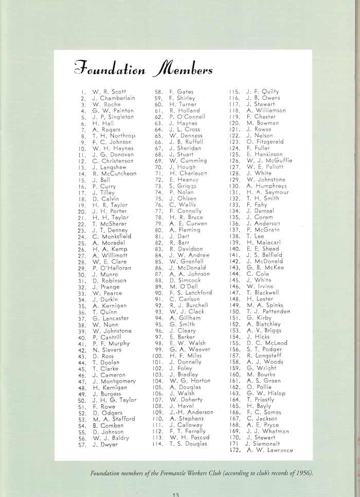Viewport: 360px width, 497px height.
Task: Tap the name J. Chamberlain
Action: pos(114,98)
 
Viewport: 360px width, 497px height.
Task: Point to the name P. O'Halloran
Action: pos(112,268)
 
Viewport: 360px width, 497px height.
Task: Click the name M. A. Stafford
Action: pos(114,419)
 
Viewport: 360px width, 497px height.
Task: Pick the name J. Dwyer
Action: pos(105,444)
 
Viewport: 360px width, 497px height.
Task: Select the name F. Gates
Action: pos(182,92)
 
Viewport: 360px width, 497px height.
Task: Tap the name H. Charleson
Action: pos(188,173)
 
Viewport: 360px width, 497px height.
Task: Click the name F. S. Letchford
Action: pos(190,293)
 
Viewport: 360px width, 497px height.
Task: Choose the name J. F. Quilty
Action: pos(262,92)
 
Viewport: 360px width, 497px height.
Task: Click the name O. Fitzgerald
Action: pos(265,142)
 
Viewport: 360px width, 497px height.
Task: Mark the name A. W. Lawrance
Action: pos(269,450)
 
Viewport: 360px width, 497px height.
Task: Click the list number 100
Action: pos(157,356)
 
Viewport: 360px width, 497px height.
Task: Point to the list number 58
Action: pos(159,92)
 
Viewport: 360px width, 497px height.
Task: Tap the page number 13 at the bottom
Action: pos(175,494)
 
